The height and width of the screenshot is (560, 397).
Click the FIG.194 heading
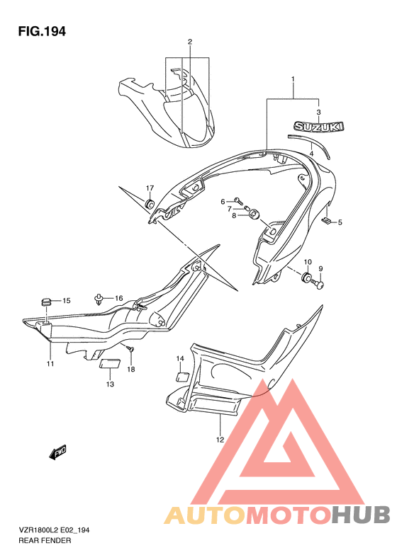click(42, 31)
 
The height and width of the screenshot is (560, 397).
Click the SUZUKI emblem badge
click(319, 127)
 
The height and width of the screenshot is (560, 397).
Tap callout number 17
click(150, 188)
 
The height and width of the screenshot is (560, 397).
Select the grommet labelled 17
click(149, 204)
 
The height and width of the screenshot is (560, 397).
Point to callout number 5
click(340, 222)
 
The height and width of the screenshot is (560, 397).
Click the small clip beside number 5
click(326, 221)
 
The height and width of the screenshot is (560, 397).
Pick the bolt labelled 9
click(319, 284)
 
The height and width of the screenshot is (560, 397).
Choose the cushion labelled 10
click(307, 277)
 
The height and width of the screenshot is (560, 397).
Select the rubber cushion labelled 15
click(45, 302)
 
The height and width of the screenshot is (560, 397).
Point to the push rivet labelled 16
click(99, 299)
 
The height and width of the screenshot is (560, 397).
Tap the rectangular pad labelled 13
click(109, 364)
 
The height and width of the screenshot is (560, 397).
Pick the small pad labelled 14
click(182, 377)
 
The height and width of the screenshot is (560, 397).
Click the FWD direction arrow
click(58, 452)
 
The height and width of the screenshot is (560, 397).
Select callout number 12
click(220, 440)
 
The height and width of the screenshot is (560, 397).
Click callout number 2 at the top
click(190, 42)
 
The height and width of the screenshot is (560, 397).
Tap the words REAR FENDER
click(45, 540)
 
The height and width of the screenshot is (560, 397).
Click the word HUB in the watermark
click(361, 515)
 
